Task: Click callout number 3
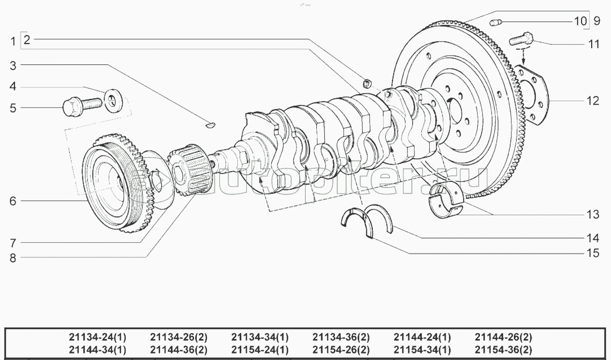pos(13,65)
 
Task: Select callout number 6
pos(13,201)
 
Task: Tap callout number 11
pos(594,44)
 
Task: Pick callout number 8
pos(13,258)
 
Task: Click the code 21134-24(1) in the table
pos(97,337)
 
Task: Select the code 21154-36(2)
pos(503,350)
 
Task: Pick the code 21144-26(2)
pos(503,337)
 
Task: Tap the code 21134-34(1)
pos(260,337)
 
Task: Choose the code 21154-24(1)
pos(260,350)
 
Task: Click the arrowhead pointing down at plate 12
pos(523,61)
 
